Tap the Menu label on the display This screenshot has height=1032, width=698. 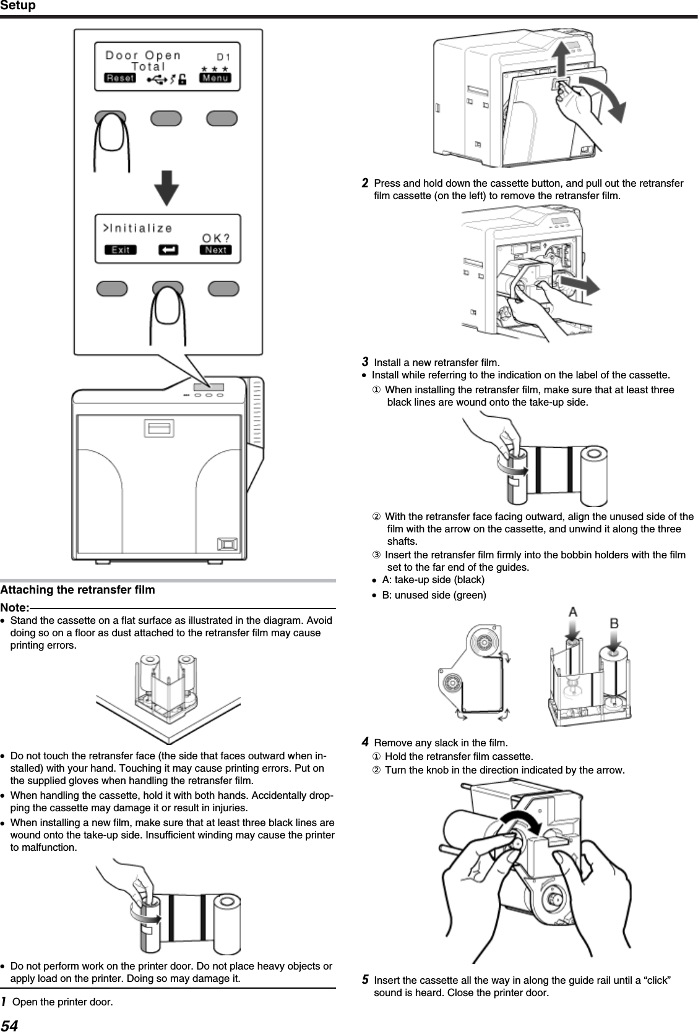215,78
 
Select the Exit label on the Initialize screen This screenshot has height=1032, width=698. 120,250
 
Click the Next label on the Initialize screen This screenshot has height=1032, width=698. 215,250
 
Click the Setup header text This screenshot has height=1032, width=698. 19,6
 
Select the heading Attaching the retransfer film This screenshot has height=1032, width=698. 78,590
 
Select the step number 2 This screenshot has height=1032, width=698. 366,183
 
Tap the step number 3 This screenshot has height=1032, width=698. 366,361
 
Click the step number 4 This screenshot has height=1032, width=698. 366,741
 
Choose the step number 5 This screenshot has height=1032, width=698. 366,979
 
